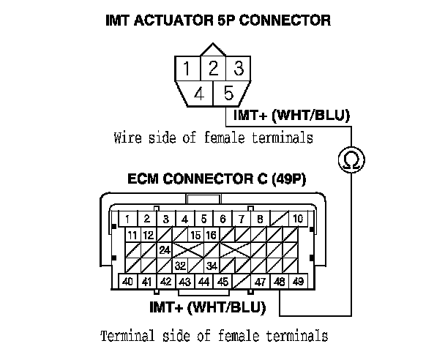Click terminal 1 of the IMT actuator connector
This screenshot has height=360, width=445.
click(x=188, y=70)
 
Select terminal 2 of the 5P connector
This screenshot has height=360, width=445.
click(x=213, y=70)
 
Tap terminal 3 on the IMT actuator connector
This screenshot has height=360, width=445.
click(x=237, y=70)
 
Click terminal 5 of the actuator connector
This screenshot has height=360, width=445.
click(x=228, y=94)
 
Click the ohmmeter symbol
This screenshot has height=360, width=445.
click(x=350, y=158)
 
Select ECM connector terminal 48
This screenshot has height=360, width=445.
click(x=279, y=282)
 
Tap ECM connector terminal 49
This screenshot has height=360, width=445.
click(x=298, y=282)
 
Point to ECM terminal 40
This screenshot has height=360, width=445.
click(x=127, y=282)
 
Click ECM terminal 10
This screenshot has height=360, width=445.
click(x=298, y=219)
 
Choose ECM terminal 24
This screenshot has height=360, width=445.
click(x=165, y=250)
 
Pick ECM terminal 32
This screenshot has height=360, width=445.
click(x=180, y=266)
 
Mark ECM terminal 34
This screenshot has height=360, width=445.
click(x=212, y=266)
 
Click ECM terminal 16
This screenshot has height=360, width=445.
click(x=212, y=235)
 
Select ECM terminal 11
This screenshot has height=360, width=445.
click(x=132, y=235)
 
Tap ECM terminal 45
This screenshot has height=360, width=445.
click(x=222, y=282)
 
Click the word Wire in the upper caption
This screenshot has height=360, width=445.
click(x=128, y=138)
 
